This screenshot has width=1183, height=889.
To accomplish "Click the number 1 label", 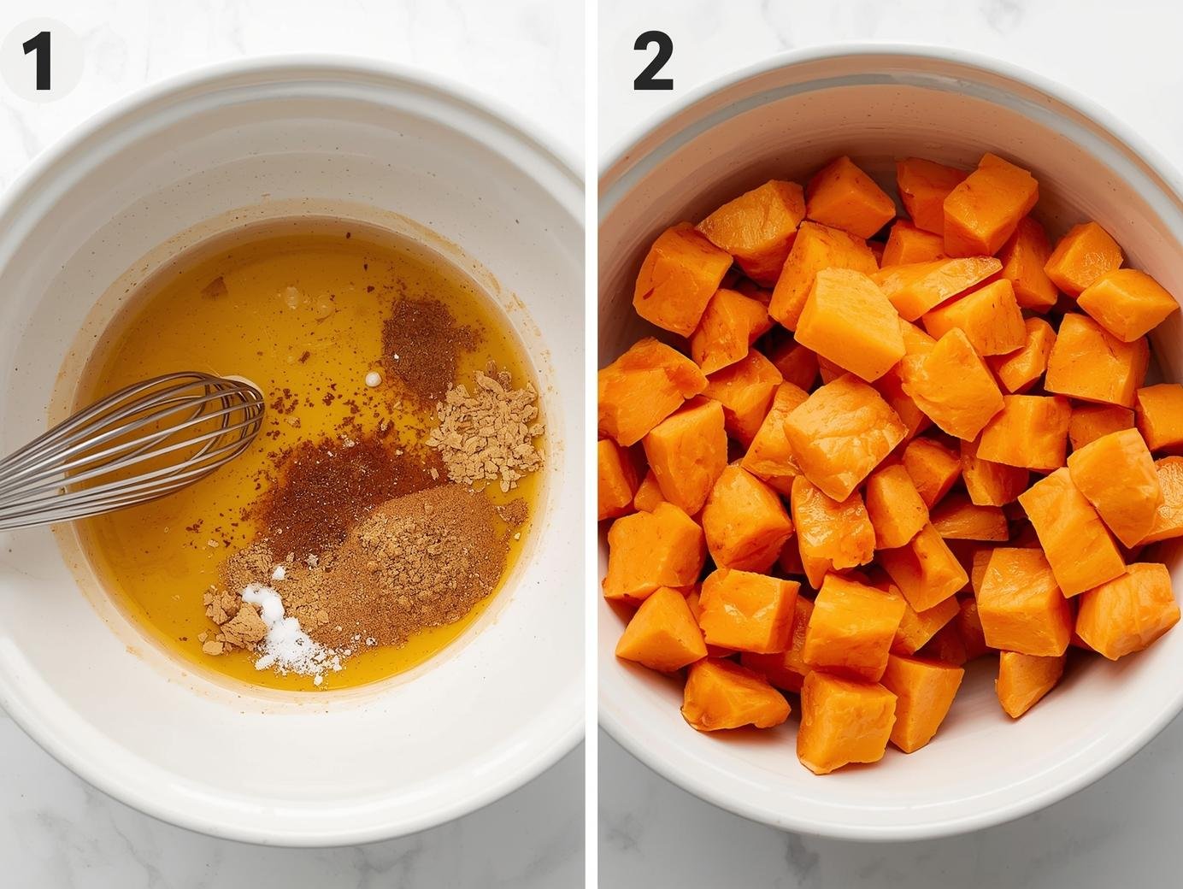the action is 38,61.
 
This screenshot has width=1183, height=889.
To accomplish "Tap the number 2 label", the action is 653,61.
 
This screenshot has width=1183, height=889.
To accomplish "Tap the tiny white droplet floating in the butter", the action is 373,379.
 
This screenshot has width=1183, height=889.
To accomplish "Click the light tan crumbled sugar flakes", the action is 488,428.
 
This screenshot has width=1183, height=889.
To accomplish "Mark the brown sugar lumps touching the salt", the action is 232,620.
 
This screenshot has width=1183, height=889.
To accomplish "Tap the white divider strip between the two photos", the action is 591,444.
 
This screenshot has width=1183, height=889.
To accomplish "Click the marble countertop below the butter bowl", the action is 291,868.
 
